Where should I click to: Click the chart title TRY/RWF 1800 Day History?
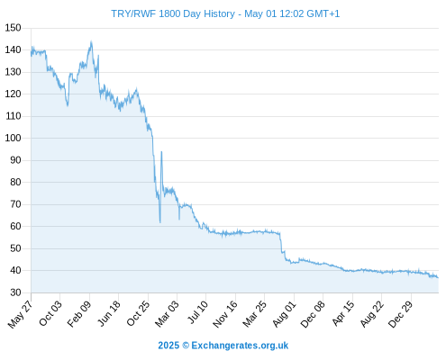pyautogui.click(x=173, y=13)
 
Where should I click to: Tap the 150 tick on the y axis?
pyautogui.click(x=13, y=28)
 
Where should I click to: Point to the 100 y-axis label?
pyautogui.click(x=13, y=138)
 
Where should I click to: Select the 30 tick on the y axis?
pyautogui.click(x=15, y=292)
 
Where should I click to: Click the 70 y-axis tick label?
pyautogui.click(x=15, y=204)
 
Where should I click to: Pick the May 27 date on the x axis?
pyautogui.click(x=20, y=314)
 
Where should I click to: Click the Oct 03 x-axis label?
pyautogui.click(x=50, y=313)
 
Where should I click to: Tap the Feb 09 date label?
pyautogui.click(x=78, y=314)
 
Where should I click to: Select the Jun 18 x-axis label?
pyautogui.click(x=109, y=313)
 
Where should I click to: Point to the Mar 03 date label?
pyautogui.click(x=167, y=313)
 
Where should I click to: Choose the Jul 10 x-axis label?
pyautogui.click(x=197, y=312)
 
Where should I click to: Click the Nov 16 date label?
pyautogui.click(x=225, y=314)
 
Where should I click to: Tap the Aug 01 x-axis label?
pyautogui.click(x=284, y=314)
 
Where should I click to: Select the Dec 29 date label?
pyautogui.click(x=400, y=314)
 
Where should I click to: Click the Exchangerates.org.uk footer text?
pyautogui.click(x=240, y=346)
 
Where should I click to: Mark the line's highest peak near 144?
pyautogui.click(x=91, y=41)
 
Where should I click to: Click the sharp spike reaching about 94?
pyautogui.click(x=161, y=152)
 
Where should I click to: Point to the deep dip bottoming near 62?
pyautogui.click(x=160, y=222)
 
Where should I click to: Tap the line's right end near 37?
pyautogui.click(x=438, y=278)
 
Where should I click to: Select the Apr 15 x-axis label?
pyautogui.click(x=343, y=313)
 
